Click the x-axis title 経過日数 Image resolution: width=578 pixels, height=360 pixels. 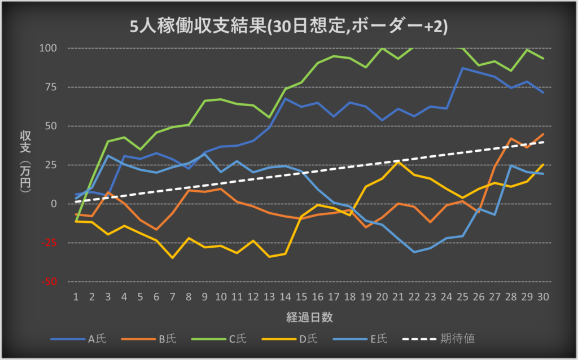[309, 317]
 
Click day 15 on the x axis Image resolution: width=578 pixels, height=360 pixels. [302, 296]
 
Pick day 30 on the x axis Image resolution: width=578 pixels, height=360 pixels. [544, 296]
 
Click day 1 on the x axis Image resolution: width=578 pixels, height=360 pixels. [76, 296]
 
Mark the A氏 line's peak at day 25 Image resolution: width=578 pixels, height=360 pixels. [463, 68]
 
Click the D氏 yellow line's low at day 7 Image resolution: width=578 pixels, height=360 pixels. [173, 258]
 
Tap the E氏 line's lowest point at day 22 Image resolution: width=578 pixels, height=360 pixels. [414, 252]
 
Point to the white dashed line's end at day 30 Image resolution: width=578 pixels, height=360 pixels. [544, 142]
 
